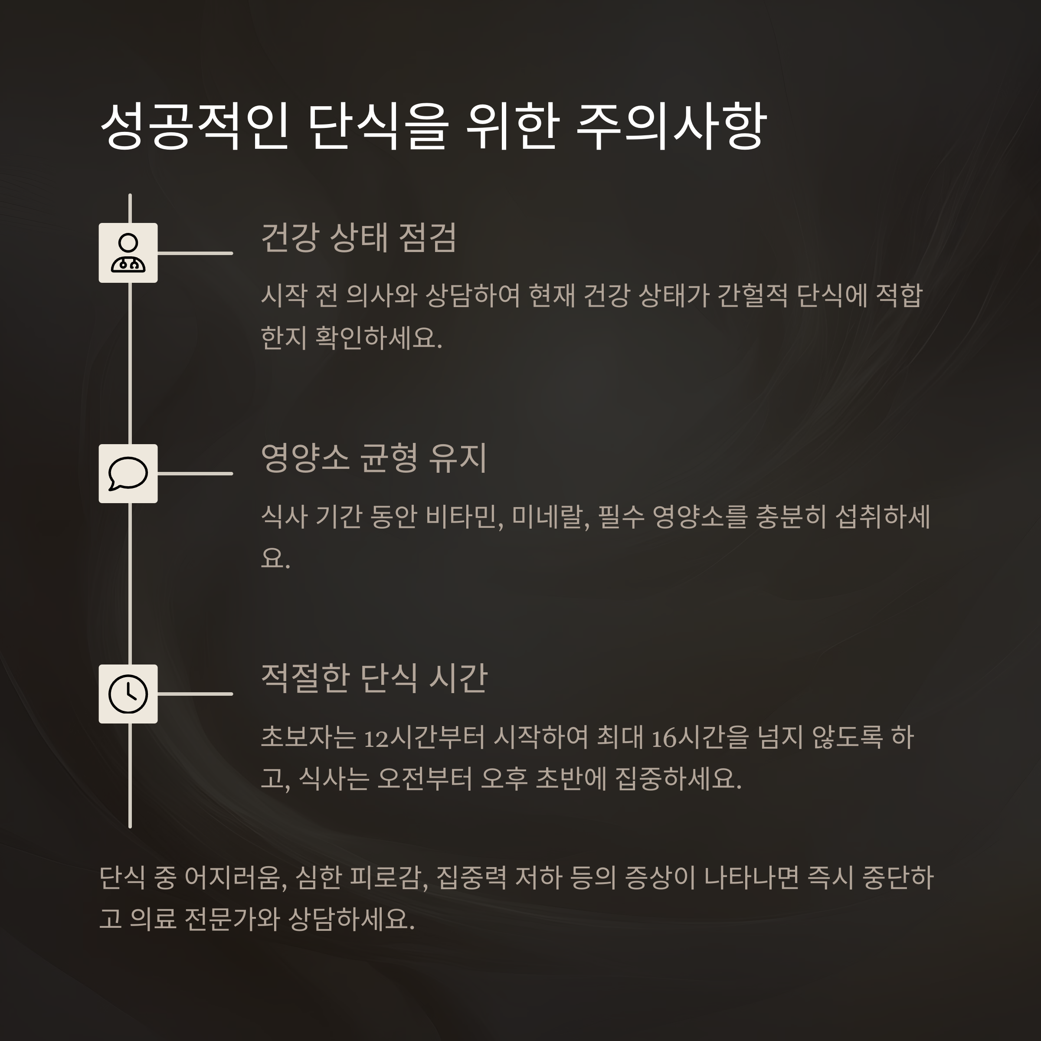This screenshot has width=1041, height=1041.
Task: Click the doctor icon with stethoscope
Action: (x=128, y=253)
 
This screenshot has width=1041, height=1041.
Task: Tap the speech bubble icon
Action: (x=128, y=474)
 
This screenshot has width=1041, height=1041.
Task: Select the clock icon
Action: (x=128, y=694)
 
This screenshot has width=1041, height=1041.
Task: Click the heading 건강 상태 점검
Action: (x=358, y=238)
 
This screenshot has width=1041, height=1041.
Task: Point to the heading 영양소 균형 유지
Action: (x=373, y=458)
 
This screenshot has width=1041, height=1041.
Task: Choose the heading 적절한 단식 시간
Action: (x=374, y=678)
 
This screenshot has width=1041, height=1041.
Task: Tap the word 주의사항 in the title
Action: (x=671, y=127)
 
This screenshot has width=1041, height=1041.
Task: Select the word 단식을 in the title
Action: (x=378, y=127)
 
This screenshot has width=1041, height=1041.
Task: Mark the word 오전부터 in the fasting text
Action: (x=424, y=779)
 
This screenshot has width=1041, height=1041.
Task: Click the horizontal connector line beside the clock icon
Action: (x=195, y=694)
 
